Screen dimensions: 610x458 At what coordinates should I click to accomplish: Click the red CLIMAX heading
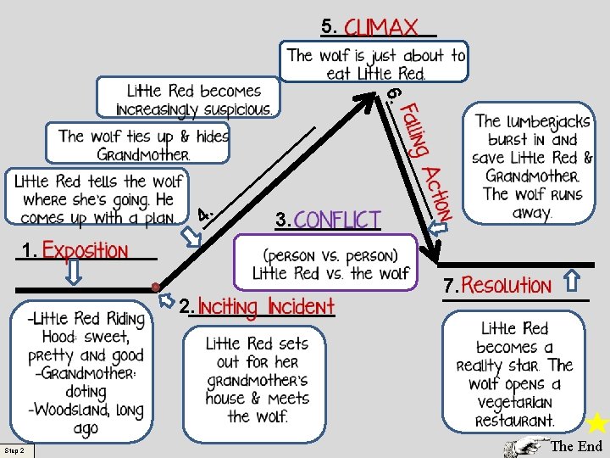380,27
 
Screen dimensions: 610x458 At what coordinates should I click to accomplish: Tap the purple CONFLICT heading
336,220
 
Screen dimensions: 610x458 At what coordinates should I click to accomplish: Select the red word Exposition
85,250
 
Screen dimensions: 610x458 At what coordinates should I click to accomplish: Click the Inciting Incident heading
266,306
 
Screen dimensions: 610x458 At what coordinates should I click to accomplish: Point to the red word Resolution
506,284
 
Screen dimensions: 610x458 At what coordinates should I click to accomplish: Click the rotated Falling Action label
424,162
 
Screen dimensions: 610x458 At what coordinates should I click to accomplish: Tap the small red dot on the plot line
155,288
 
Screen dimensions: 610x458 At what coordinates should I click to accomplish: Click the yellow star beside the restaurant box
597,422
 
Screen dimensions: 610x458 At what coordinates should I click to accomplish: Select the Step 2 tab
17,450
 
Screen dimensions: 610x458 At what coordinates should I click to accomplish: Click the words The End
577,446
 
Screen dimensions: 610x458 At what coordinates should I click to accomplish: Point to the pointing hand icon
526,447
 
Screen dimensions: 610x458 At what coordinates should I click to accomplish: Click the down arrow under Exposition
74,272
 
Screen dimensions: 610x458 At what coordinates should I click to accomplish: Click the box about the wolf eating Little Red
374,62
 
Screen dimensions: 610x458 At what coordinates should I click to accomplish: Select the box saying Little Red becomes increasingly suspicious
188,98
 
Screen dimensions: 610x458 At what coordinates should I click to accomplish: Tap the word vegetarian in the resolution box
514,402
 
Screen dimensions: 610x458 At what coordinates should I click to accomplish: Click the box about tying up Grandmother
138,143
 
